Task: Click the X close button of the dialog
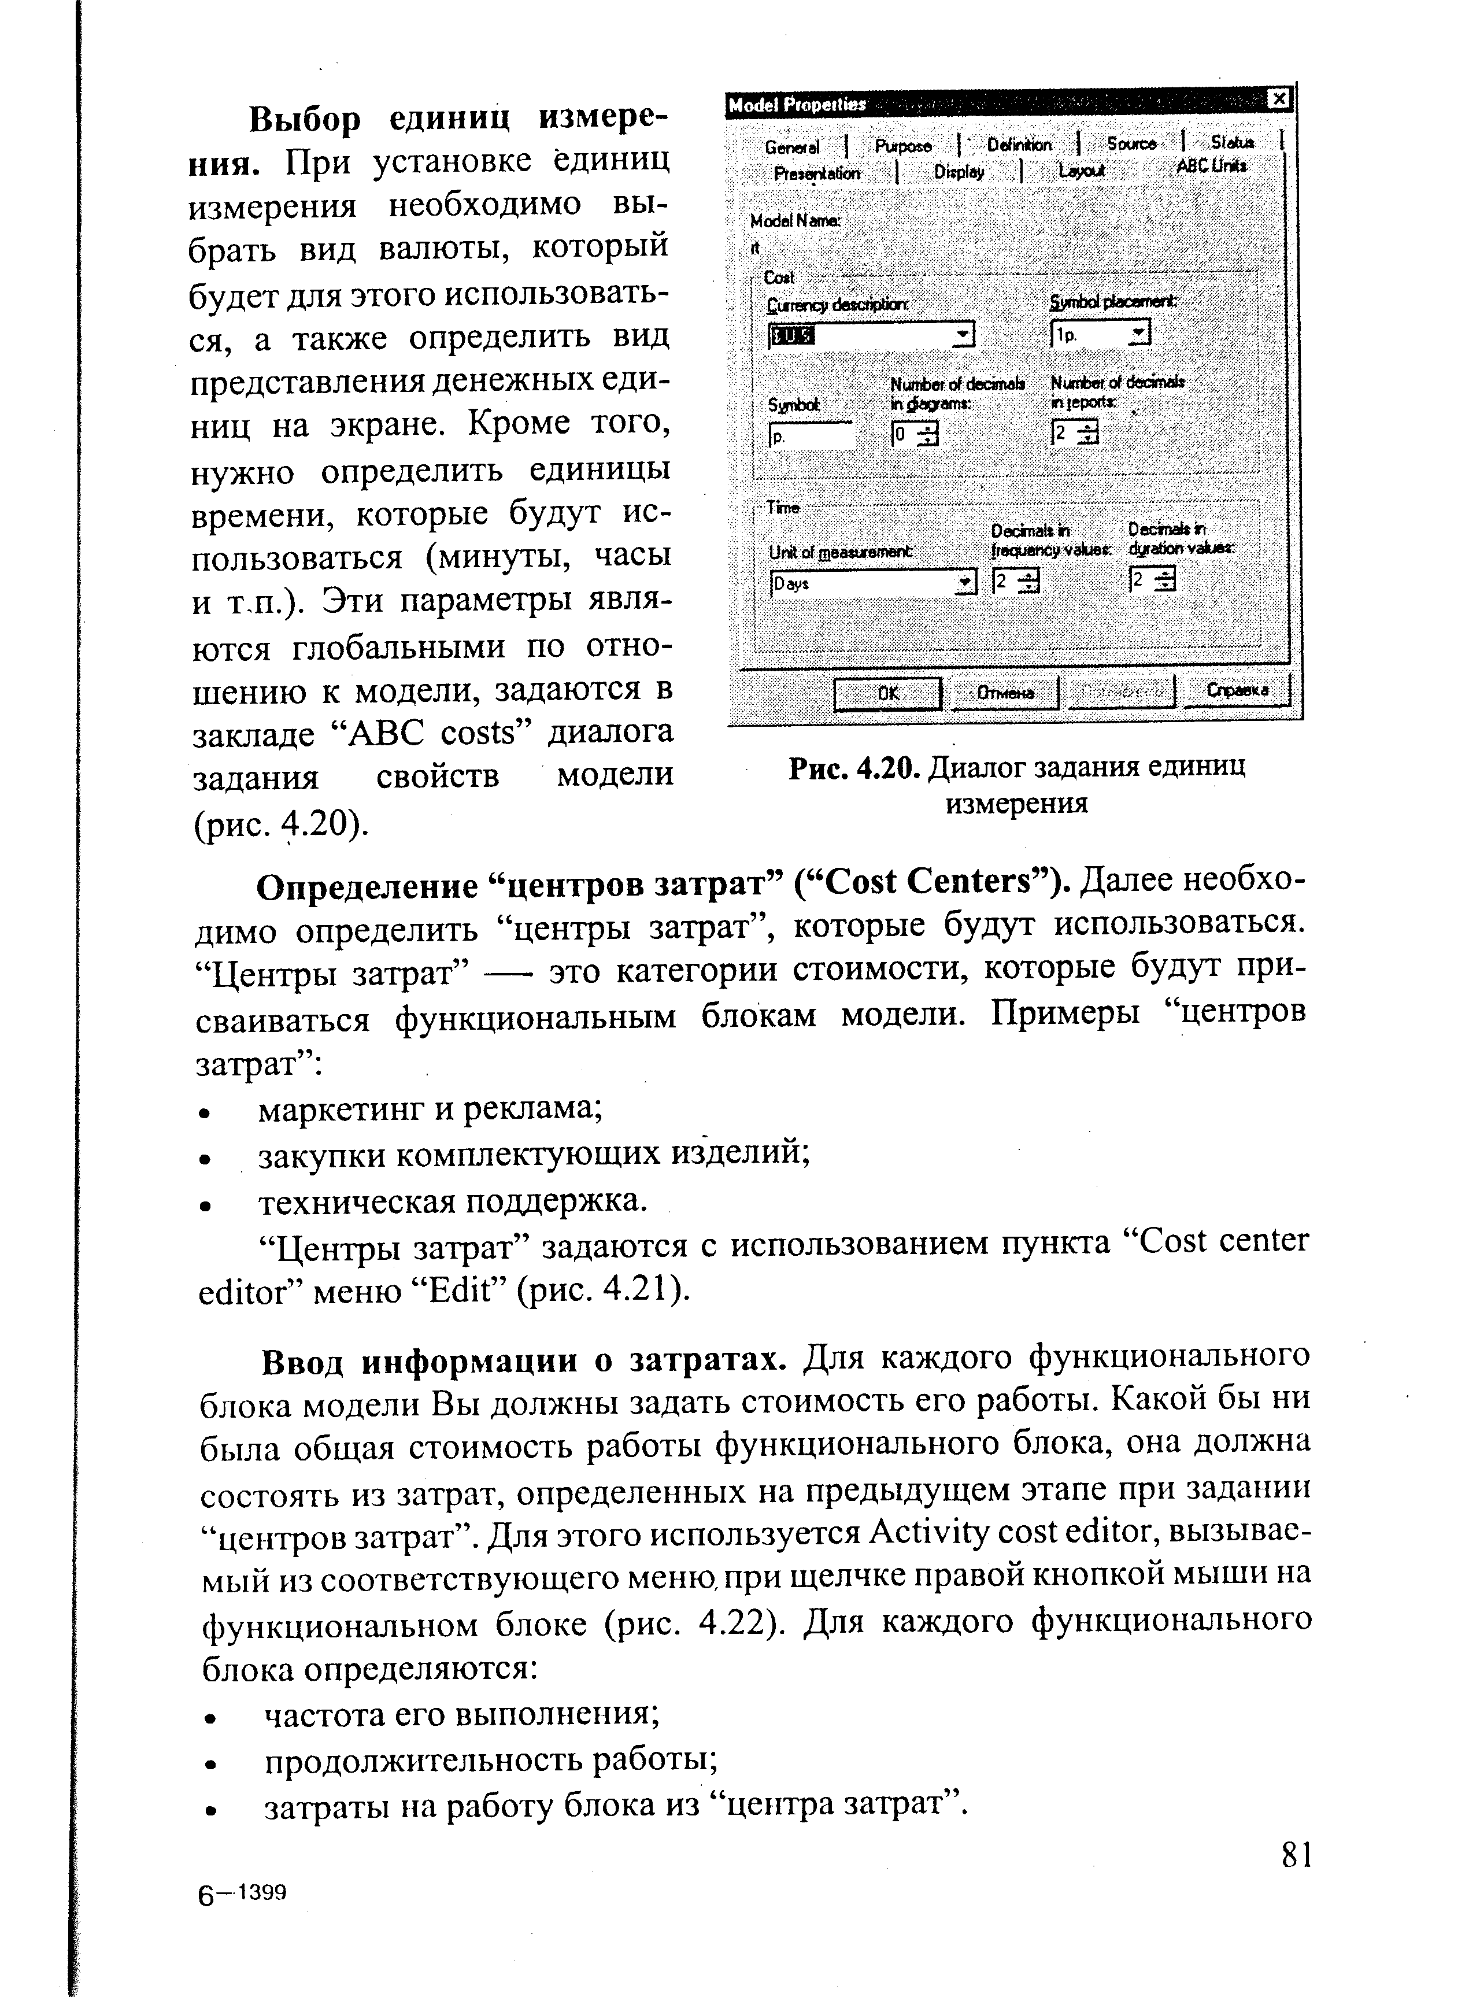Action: click(1280, 99)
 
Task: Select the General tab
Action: click(792, 147)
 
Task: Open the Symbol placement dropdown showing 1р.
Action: click(1099, 334)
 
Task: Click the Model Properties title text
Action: click(797, 105)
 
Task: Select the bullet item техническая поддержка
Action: click(453, 1200)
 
